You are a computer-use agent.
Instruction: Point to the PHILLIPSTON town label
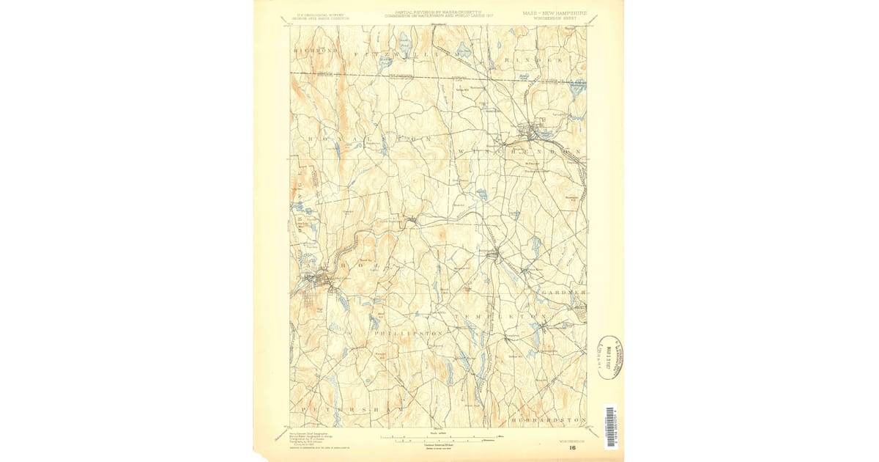(409, 333)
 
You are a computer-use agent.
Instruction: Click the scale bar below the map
(439, 437)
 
